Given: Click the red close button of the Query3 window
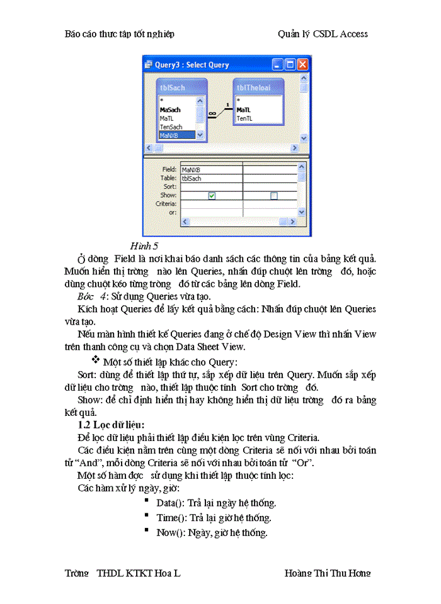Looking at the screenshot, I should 302,65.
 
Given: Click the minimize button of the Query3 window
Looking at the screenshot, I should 278,65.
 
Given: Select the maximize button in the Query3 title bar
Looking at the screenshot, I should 290,65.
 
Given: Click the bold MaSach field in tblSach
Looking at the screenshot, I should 170,109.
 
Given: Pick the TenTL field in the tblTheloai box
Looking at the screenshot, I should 245,118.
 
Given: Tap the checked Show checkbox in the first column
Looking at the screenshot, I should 212,196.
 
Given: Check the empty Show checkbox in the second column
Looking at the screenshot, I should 273,196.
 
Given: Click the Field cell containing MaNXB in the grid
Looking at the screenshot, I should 210,169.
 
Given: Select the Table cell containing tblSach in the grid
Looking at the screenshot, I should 210,178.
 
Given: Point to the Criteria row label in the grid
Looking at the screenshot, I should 166,204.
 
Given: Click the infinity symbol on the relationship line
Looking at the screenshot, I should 212,114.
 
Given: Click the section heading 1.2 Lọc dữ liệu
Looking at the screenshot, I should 110,425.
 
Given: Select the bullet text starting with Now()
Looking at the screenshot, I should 212,532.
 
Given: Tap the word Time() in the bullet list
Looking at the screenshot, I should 171,518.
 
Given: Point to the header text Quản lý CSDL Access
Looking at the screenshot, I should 323,34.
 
